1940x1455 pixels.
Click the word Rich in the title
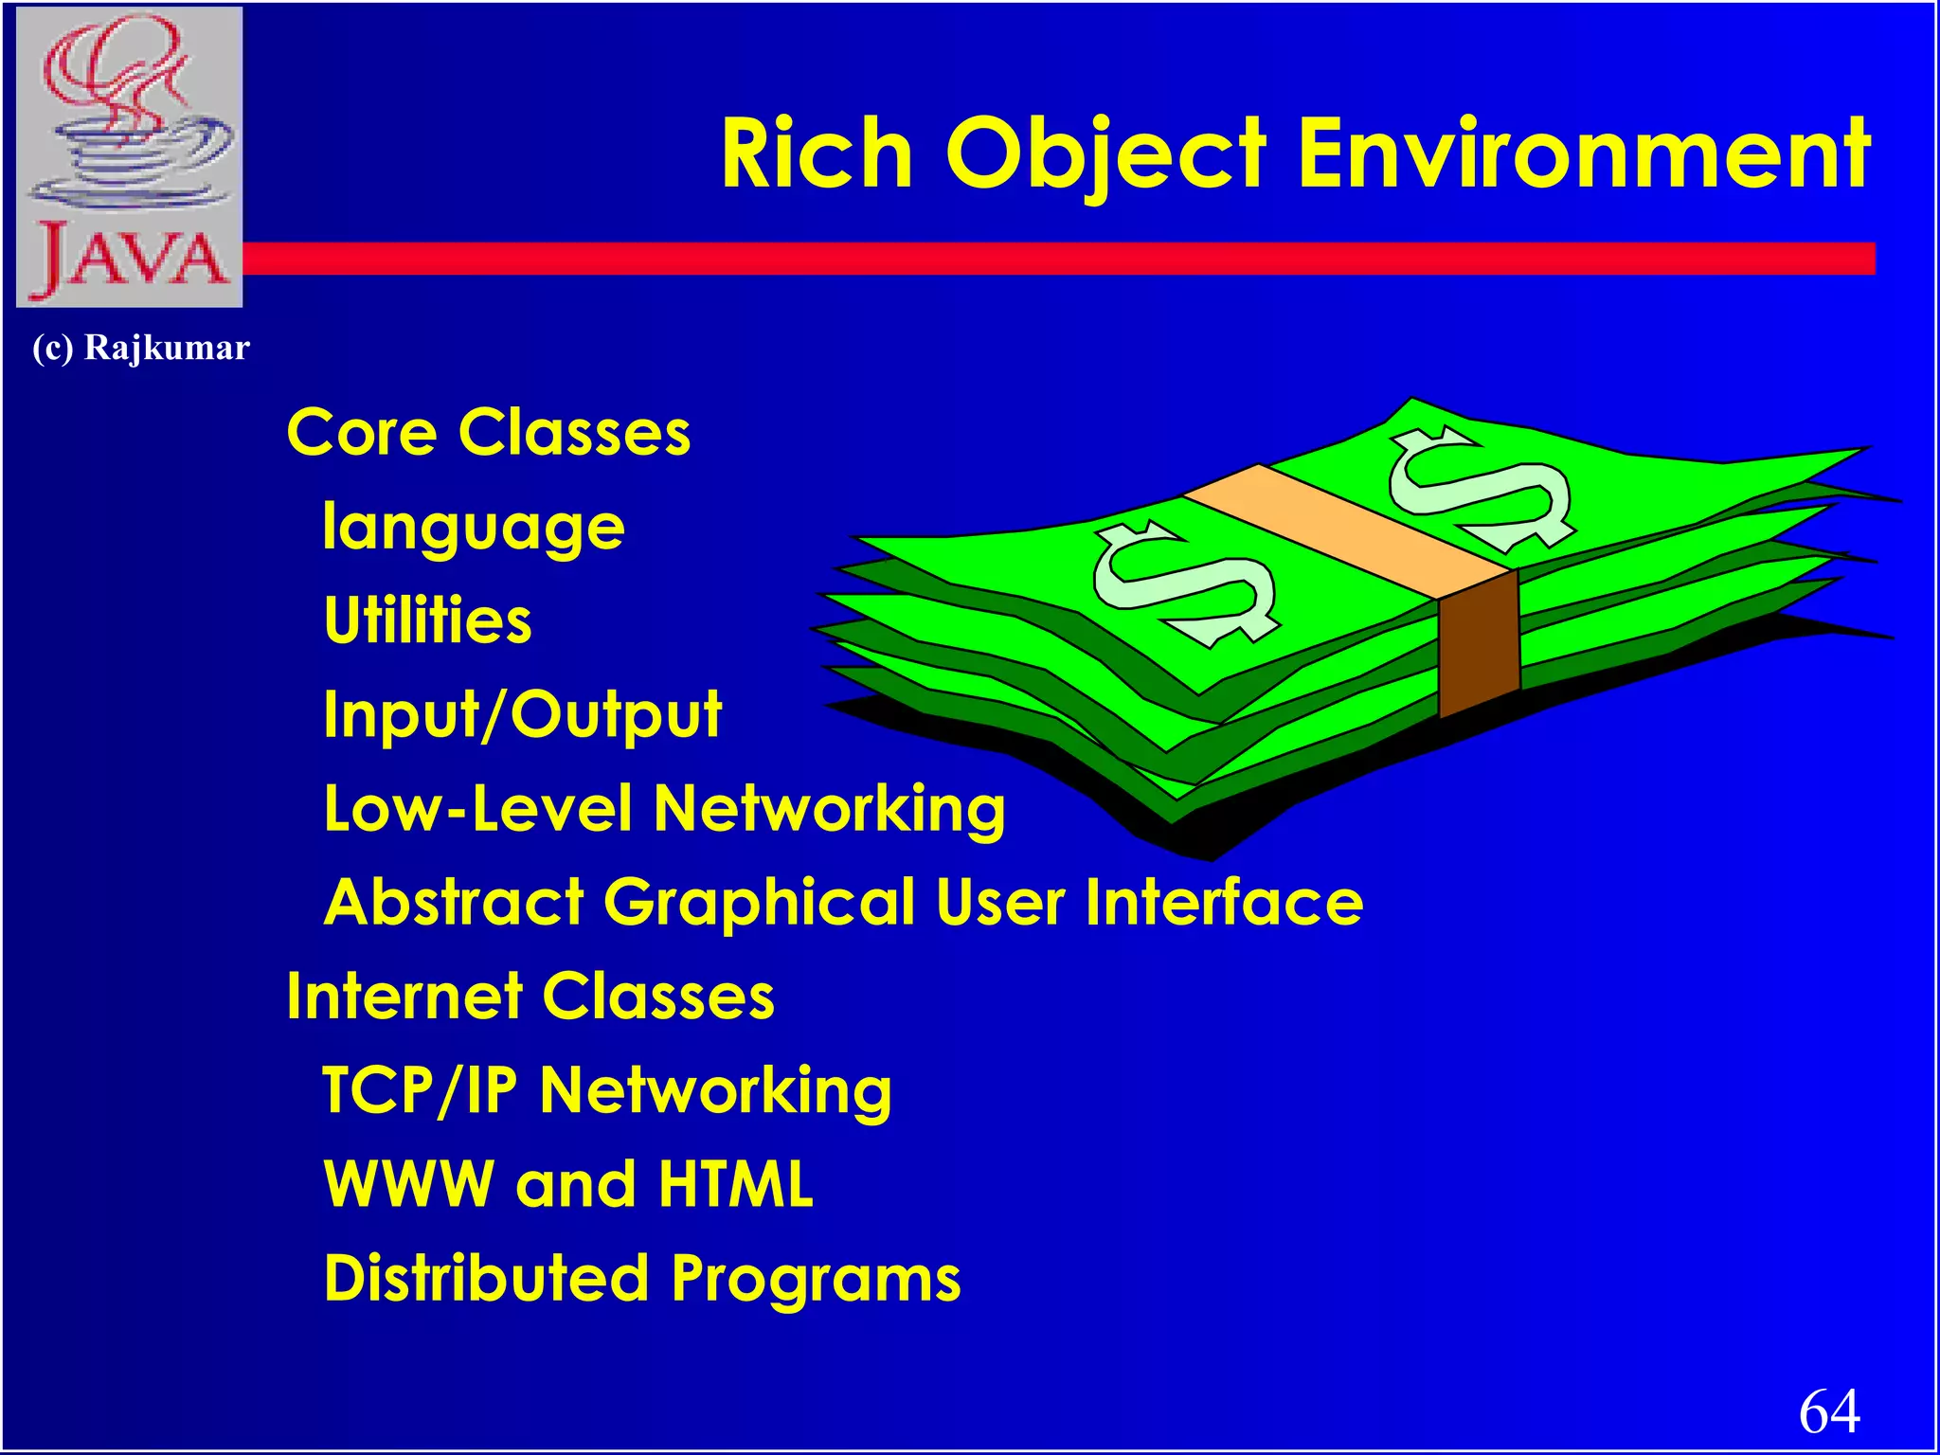[x=817, y=153]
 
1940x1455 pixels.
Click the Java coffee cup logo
[x=130, y=156]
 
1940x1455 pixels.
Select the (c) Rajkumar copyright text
[x=141, y=348]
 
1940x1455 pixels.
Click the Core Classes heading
[x=489, y=433]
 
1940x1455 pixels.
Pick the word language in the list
[x=474, y=528]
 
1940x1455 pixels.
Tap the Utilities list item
[x=428, y=620]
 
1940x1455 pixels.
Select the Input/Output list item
[x=523, y=714]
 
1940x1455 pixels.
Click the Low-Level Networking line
[x=664, y=808]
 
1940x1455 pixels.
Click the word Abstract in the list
[x=454, y=901]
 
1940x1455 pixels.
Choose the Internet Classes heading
[x=530, y=996]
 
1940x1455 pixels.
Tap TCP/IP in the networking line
[x=420, y=1089]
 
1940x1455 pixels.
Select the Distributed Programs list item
[x=642, y=1278]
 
